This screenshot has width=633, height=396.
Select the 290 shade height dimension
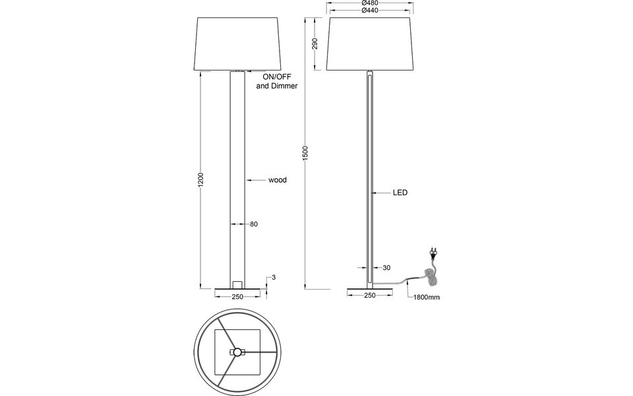(x=315, y=44)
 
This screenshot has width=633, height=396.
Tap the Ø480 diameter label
(x=370, y=3)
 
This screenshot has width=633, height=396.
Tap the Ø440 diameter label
(x=370, y=11)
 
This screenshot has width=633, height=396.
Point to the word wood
(x=277, y=180)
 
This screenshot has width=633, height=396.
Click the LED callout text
(x=400, y=193)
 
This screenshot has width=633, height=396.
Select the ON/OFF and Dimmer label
(x=276, y=82)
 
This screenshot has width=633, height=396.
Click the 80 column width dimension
(x=253, y=224)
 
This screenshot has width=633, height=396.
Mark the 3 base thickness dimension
(x=273, y=278)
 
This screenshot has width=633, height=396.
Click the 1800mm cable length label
(x=426, y=298)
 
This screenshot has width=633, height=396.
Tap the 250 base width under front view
(x=238, y=296)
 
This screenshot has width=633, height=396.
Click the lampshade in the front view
(x=238, y=44)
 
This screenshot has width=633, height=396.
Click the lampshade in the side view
(x=370, y=44)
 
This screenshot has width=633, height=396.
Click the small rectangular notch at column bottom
(x=238, y=284)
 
